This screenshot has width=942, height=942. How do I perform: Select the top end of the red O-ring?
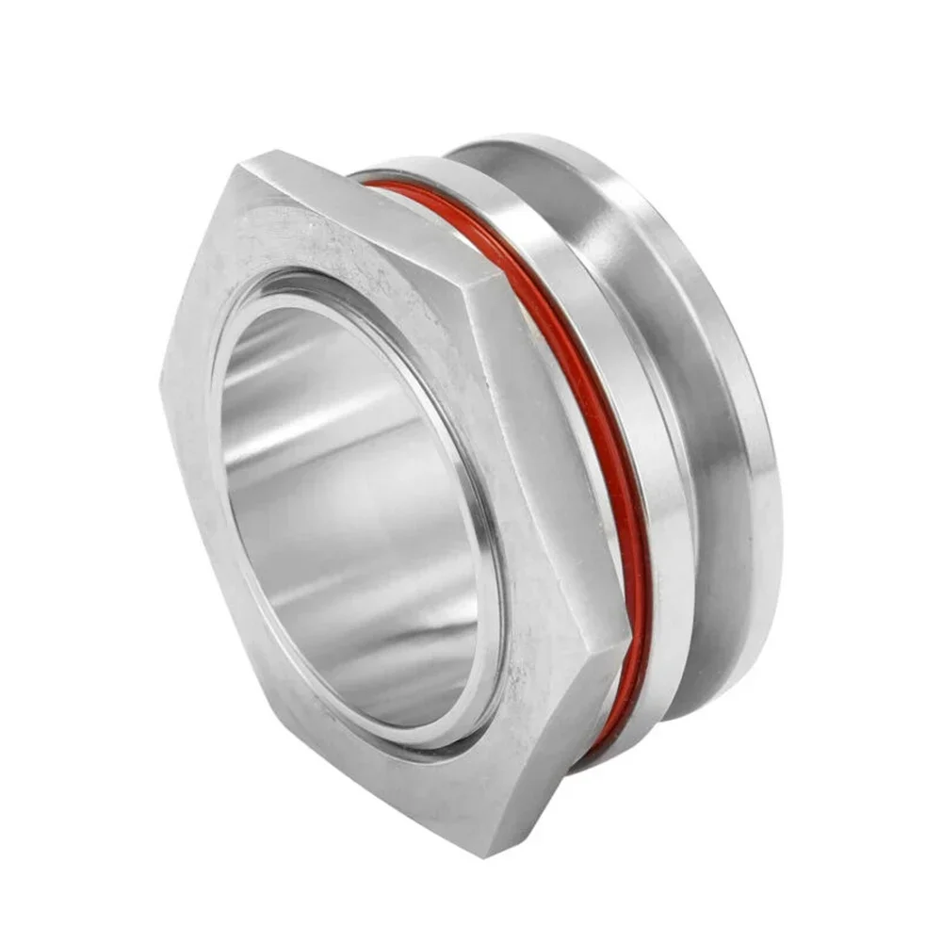click(x=372, y=183)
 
